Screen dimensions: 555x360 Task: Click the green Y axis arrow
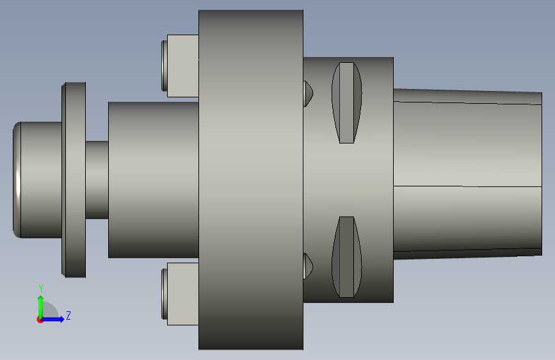(x=41, y=307)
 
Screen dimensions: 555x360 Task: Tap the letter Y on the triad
(x=41, y=288)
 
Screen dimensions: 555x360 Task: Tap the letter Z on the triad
(x=68, y=315)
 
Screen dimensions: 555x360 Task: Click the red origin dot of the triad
(x=40, y=320)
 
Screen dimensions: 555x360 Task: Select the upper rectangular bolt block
(x=182, y=66)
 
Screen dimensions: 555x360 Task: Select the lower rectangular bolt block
(x=182, y=294)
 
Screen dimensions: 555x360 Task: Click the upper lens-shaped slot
(x=346, y=102)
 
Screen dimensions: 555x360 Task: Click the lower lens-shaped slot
(x=346, y=257)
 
